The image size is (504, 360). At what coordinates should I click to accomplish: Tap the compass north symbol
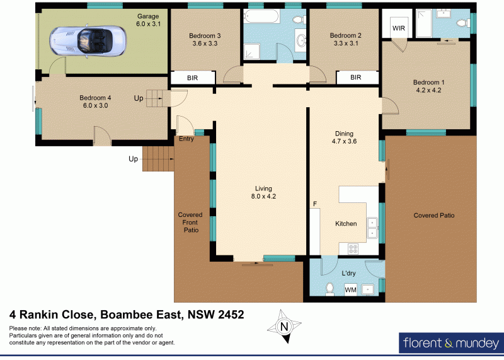[283, 327]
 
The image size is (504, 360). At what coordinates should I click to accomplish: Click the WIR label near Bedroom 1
[399, 28]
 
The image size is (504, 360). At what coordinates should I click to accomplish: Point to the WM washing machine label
[350, 289]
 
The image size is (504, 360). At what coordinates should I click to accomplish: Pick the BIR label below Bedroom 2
[355, 78]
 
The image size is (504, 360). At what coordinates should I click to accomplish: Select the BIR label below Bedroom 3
[193, 78]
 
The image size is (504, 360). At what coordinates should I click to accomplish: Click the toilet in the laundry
[329, 289]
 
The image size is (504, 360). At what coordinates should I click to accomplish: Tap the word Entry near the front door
[186, 139]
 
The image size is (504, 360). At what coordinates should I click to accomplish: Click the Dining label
[344, 134]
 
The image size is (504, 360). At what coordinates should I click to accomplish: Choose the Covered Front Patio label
[191, 223]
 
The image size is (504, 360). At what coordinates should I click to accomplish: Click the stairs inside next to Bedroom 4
[155, 98]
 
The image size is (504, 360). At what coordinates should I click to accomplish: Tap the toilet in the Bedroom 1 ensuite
[461, 23]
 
